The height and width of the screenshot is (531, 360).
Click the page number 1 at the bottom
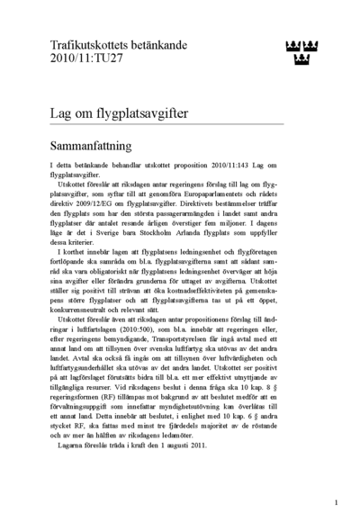[x=336, y=503]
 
